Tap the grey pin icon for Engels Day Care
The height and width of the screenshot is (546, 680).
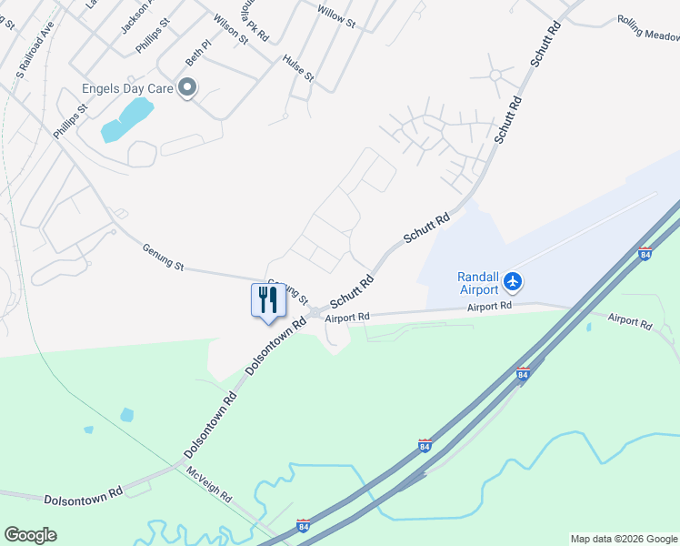pyautogui.click(x=188, y=87)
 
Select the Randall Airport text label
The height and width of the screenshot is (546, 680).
pyautogui.click(x=477, y=283)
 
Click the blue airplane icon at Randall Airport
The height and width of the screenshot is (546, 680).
pyautogui.click(x=513, y=281)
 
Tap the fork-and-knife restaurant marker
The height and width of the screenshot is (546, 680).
pyautogui.click(x=268, y=300)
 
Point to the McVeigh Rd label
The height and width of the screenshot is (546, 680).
pyautogui.click(x=210, y=485)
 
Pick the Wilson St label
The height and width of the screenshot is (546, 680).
pyautogui.click(x=231, y=28)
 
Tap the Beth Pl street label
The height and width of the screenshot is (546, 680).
pyautogui.click(x=198, y=51)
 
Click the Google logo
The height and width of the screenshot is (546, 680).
pyautogui.click(x=30, y=535)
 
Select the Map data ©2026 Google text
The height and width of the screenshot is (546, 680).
pyautogui.click(x=624, y=539)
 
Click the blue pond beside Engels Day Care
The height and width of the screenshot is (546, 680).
pyautogui.click(x=126, y=119)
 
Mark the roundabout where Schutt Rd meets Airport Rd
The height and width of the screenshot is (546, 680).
pyautogui.click(x=315, y=313)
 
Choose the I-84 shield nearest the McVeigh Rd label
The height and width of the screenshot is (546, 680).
pyautogui.click(x=305, y=526)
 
